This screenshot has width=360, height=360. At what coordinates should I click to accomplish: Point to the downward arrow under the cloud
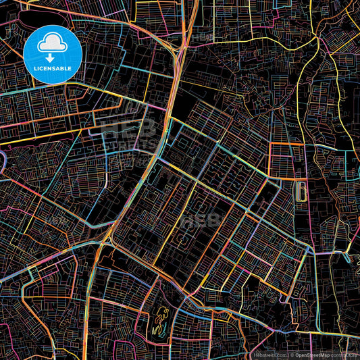click(x=53, y=58)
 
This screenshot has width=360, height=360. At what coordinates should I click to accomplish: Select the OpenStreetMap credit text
click(x=313, y=355)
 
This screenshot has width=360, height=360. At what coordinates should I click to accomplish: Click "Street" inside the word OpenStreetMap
click(x=315, y=355)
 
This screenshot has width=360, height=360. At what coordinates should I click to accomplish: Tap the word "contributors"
click(x=344, y=355)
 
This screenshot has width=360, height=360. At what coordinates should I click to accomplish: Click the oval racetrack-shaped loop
click(x=301, y=192)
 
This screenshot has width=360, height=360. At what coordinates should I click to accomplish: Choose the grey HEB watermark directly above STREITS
click(x=122, y=128)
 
